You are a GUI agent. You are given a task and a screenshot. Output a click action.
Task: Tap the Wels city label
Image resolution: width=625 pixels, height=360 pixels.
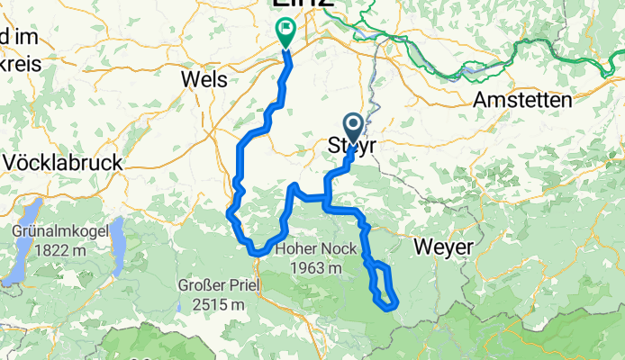click(x=204, y=79)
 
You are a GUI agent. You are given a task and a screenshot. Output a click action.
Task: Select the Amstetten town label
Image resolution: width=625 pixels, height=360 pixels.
click(x=521, y=99)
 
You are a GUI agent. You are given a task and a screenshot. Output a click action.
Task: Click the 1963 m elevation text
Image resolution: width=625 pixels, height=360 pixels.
click(x=310, y=267)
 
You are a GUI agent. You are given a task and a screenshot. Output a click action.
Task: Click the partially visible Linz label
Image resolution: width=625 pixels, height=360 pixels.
click(x=303, y=4)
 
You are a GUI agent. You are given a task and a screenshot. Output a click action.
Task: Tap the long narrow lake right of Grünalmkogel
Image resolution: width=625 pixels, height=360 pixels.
click(x=118, y=242)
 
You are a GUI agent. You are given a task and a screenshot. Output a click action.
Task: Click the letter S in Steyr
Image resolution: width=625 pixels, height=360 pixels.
click(x=331, y=146)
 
